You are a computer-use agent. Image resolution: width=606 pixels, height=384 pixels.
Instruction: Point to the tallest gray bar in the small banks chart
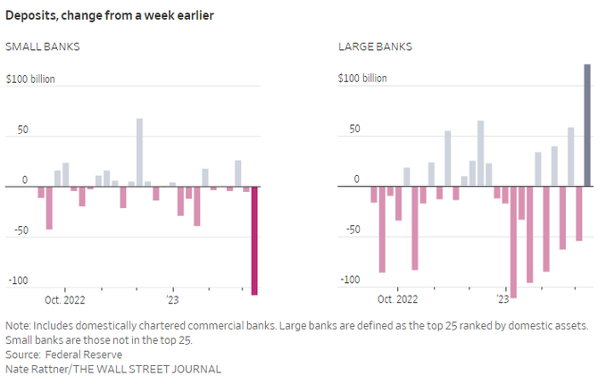(x=139, y=152)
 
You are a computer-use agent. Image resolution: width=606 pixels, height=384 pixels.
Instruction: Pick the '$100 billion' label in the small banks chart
(x=30, y=79)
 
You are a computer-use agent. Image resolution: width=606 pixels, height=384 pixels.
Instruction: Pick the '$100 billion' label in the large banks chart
(x=362, y=79)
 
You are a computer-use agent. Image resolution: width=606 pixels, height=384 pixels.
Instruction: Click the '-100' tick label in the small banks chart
(x=18, y=281)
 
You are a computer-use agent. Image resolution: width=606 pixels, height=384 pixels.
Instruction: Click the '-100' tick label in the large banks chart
(x=350, y=280)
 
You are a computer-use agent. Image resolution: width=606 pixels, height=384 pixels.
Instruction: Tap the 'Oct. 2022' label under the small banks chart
(x=65, y=300)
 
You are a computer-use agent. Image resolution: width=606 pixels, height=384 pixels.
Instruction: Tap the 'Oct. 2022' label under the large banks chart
(x=397, y=300)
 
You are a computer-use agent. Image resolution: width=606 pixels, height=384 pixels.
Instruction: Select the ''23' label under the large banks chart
(x=502, y=300)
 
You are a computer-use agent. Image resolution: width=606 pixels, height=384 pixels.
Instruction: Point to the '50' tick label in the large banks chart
(x=353, y=129)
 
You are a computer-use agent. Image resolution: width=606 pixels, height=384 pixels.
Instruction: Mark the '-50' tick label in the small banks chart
(x=20, y=230)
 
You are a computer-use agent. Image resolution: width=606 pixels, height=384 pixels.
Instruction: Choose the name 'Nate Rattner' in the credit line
(x=35, y=369)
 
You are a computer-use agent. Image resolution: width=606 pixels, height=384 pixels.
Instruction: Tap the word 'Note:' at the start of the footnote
(x=20, y=325)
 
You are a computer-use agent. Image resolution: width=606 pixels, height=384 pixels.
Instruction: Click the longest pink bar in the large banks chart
(x=513, y=242)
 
